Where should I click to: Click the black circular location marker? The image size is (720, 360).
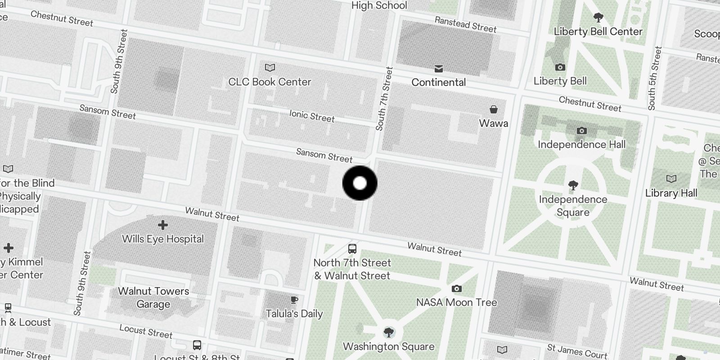tap(360, 183)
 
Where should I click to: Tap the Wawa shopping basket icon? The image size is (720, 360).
tap(494, 109)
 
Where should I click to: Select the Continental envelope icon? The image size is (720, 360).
tap(439, 68)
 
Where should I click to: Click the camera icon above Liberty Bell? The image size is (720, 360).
tap(560, 67)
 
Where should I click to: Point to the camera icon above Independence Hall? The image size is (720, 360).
tap(582, 130)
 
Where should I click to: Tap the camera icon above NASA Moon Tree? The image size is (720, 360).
tap(457, 288)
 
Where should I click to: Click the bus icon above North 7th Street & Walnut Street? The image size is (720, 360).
tap(352, 248)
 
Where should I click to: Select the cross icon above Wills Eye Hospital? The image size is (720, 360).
tap(163, 225)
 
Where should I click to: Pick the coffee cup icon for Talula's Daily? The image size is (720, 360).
tap(294, 300)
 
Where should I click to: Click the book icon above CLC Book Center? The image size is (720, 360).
tap(270, 67)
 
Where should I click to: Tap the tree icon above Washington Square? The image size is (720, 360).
tap(389, 333)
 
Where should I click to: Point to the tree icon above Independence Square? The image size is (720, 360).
tap(573, 185)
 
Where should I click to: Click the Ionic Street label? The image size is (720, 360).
tap(312, 116)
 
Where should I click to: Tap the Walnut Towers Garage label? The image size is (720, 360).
tap(153, 297)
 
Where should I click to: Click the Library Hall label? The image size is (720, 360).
tap(671, 193)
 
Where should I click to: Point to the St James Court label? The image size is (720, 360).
tap(577, 351)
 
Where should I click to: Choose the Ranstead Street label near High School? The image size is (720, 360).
tap(465, 24)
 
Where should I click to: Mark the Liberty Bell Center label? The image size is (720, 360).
tap(598, 31)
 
